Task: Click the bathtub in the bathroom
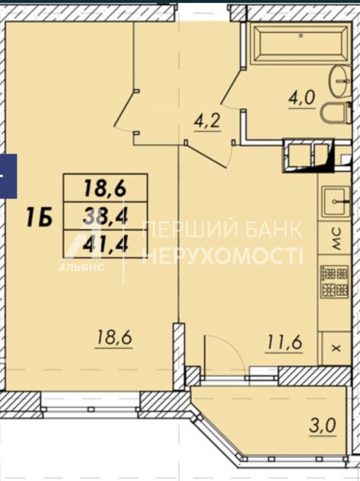coord(300,45)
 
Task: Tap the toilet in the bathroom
coord(337,113)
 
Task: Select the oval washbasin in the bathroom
coord(340,82)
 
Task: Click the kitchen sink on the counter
coord(336,202)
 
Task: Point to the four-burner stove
coord(335,282)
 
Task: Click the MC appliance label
coord(337,239)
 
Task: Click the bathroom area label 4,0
coord(302,99)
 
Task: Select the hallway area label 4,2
coord(207,121)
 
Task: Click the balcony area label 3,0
coord(323,426)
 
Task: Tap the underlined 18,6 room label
coord(114,338)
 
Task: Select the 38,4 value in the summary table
coord(105,216)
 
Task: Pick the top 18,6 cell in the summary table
coord(105,188)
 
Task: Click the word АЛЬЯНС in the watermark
coord(81,267)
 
